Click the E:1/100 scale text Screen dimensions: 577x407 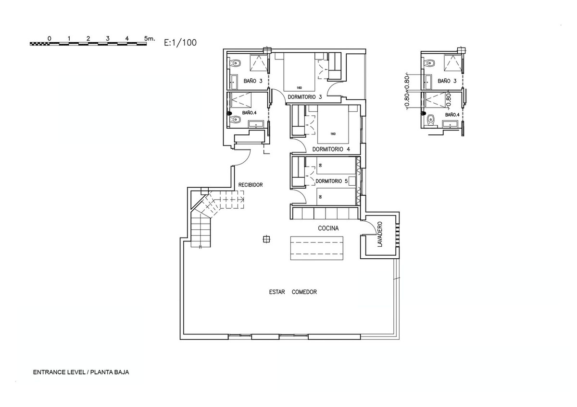click(x=180, y=43)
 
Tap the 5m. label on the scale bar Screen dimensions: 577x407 click(x=150, y=38)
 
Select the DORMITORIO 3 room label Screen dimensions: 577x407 click(x=305, y=97)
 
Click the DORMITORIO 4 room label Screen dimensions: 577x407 click(x=331, y=149)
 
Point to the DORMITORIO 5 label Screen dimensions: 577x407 click(x=331, y=181)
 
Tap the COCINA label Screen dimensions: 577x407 click(x=328, y=228)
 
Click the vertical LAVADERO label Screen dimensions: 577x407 click(x=380, y=234)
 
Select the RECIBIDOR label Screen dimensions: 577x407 click(x=251, y=185)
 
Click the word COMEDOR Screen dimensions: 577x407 click(x=304, y=292)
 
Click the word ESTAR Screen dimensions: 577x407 click(x=277, y=292)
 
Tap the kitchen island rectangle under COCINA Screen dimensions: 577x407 click(x=316, y=248)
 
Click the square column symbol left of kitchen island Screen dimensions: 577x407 click(x=266, y=239)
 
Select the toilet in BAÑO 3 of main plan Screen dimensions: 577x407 click(x=235, y=63)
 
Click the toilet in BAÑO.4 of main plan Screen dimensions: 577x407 click(x=235, y=120)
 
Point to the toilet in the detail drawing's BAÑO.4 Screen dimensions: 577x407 click(x=430, y=120)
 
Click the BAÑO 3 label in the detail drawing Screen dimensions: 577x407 click(x=447, y=81)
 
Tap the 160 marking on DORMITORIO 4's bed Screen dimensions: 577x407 click(x=333, y=134)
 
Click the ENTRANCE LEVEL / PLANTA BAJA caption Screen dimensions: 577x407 click(x=81, y=372)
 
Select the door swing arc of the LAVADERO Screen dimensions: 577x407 click(x=371, y=225)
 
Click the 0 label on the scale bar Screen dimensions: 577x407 click(x=49, y=38)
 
